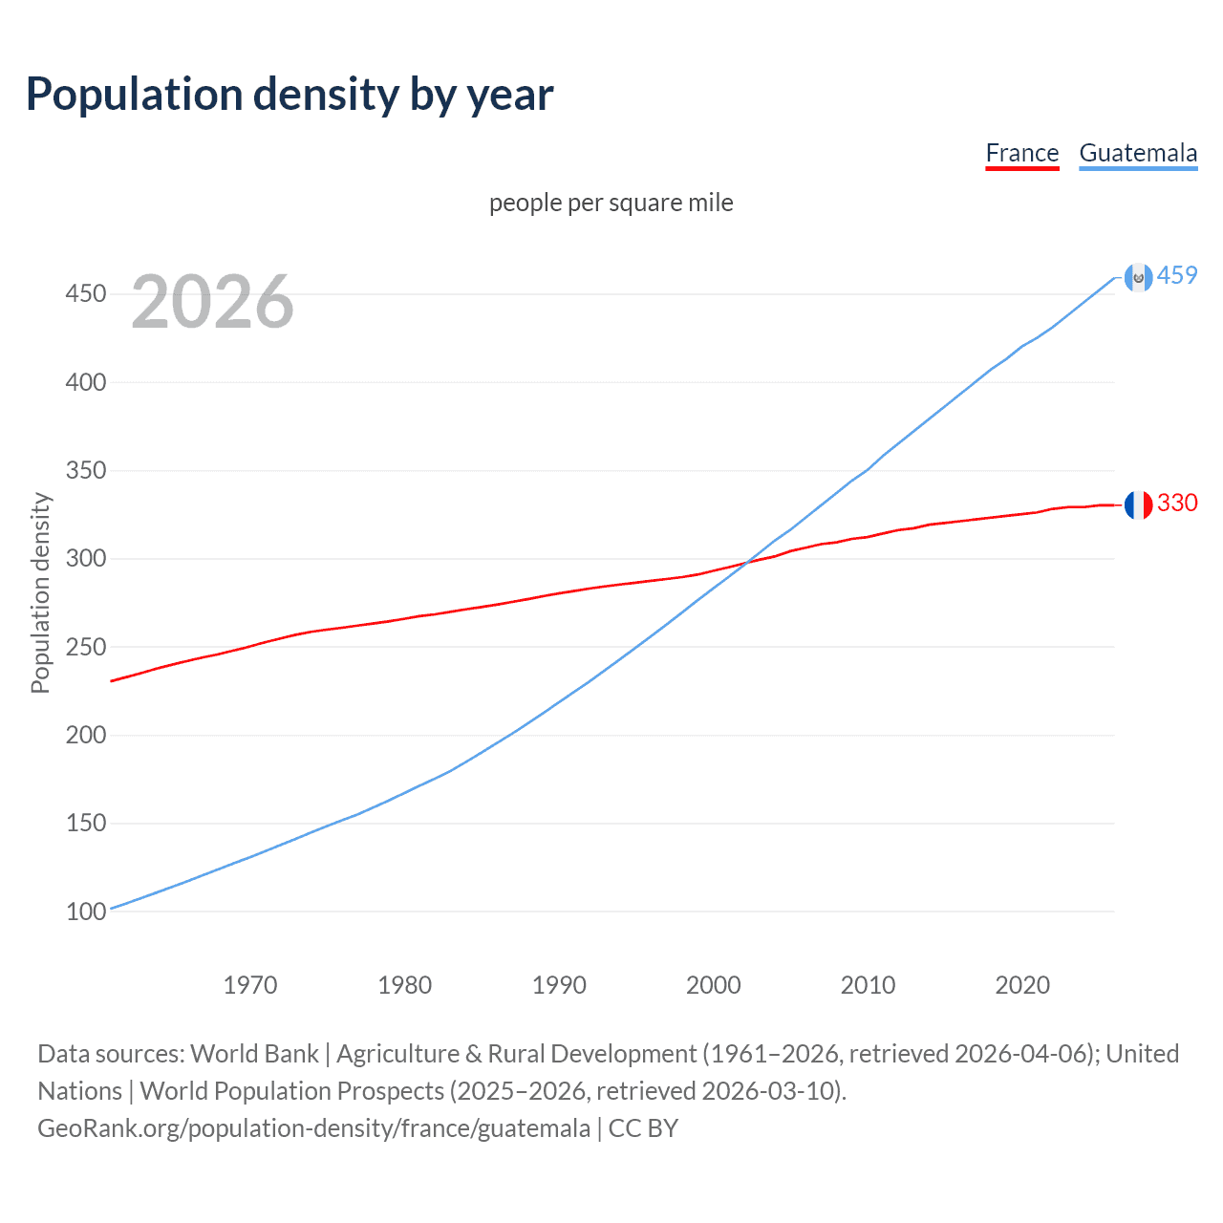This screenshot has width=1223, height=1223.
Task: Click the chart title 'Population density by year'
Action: [290, 95]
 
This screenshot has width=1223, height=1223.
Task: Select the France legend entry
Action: [1021, 153]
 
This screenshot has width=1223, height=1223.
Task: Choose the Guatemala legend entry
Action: [1137, 153]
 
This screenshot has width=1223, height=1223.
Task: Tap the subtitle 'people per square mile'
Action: [611, 203]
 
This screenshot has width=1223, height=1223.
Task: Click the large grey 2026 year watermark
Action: [212, 302]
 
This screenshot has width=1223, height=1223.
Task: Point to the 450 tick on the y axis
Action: [85, 293]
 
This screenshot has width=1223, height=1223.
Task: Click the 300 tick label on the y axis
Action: [85, 558]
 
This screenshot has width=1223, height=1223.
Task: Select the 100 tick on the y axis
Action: [85, 912]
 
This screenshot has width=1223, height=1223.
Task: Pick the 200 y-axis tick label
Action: [85, 735]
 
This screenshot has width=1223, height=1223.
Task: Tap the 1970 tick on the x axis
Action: [250, 985]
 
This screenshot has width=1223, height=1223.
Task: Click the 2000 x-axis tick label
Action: [714, 985]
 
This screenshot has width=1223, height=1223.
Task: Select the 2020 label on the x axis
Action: [1022, 985]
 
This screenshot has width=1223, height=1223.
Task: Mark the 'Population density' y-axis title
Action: [40, 592]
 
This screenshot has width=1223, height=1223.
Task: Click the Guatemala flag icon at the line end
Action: [1138, 277]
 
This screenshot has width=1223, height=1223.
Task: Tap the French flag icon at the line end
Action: [1138, 504]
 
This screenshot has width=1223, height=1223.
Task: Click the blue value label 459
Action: [1177, 276]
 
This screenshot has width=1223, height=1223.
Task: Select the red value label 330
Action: [1177, 504]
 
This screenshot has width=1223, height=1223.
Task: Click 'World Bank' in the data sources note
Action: [254, 1054]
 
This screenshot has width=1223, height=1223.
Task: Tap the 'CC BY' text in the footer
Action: [643, 1128]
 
